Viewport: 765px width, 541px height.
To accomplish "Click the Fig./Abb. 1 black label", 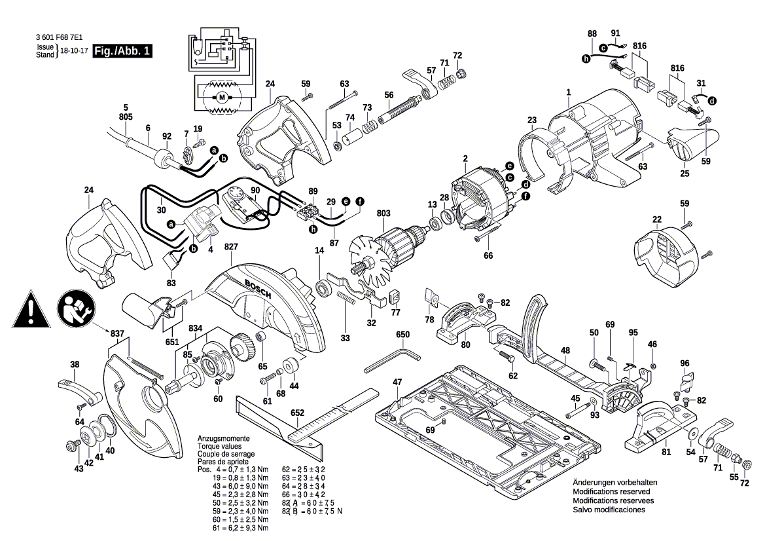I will pos(122,50).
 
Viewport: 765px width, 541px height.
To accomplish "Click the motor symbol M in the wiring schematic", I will pos(221,98).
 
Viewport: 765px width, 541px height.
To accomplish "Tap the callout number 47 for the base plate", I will pos(397,381).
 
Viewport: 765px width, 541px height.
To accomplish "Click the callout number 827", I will pos(231,246).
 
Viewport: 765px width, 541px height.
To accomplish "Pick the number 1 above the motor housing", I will pos(569,93).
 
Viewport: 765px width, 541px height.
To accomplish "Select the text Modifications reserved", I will pos(611,491).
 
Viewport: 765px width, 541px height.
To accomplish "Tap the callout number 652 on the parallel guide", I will pos(297,413).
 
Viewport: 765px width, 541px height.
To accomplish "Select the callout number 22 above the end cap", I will pos(657,219).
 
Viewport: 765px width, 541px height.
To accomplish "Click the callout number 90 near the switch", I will pos(255,191).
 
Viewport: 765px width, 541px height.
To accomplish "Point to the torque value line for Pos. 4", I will pos(234,470).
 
